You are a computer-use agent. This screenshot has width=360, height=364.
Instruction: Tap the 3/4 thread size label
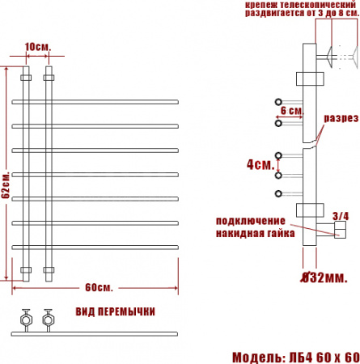[341, 215]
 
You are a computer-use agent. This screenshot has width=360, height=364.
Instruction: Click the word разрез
[341, 118]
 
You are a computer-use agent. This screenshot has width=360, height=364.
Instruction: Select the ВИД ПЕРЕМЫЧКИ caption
[116, 311]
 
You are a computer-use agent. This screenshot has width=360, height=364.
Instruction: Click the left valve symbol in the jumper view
[27, 318]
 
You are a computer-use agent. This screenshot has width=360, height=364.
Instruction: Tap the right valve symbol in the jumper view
[49, 318]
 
